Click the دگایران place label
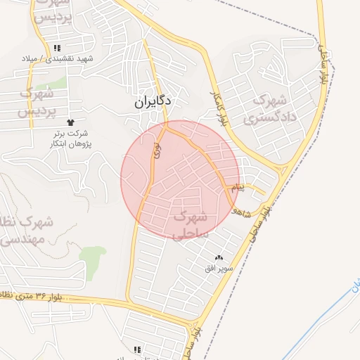coord(154,102)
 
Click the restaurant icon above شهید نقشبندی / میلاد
coord(56,48)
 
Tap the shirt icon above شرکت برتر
coord(70,123)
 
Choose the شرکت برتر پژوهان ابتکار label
coord(70,139)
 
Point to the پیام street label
coord(239,188)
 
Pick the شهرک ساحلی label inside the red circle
coord(190,224)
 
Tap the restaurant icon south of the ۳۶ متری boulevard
coord(137,349)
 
